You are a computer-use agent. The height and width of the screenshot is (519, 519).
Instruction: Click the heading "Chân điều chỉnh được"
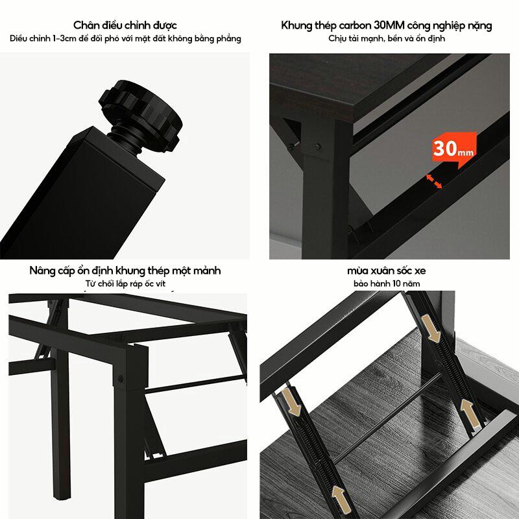125,25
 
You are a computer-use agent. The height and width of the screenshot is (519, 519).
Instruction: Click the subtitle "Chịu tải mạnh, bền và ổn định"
386,39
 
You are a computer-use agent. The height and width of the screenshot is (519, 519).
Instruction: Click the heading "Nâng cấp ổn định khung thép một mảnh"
125,270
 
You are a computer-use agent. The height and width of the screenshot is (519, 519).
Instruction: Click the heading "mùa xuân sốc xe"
386,270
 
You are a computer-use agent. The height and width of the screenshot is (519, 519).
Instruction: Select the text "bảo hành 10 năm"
386,284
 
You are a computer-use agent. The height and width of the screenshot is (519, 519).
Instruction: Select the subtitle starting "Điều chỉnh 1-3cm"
125,39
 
